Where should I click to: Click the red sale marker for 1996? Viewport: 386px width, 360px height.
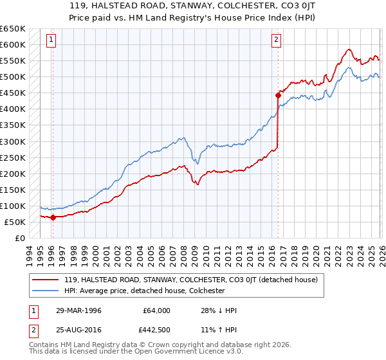(53, 217)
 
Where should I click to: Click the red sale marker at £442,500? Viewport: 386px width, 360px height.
(278, 95)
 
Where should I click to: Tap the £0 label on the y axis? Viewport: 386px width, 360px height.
(20, 238)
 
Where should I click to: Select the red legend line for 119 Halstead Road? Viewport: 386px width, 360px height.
(45, 280)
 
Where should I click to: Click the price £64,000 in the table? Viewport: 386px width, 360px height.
(156, 310)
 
